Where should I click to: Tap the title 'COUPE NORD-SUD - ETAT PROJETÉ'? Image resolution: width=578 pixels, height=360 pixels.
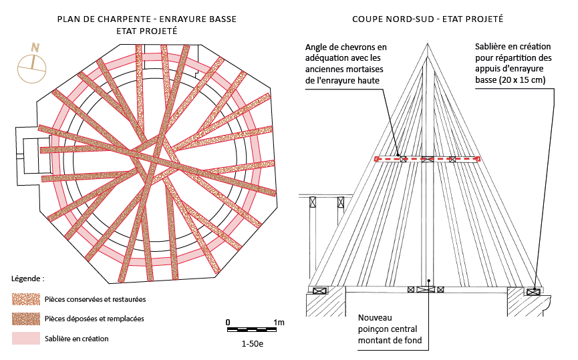(x=428, y=19)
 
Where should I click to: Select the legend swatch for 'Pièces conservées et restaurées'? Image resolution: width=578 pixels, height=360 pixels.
(x=25, y=299)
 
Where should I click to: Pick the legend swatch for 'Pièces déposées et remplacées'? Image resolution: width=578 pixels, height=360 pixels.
(x=25, y=319)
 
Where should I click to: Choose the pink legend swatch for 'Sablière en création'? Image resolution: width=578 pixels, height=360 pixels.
(x=25, y=339)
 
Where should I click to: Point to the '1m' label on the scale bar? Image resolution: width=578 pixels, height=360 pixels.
(x=279, y=323)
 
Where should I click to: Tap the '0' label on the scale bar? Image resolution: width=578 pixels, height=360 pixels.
(x=228, y=323)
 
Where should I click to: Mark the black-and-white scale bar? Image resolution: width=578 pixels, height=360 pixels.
(x=253, y=330)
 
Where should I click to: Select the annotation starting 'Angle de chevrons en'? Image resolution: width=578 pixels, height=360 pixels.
(x=345, y=63)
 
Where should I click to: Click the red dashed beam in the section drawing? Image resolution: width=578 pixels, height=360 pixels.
(x=428, y=159)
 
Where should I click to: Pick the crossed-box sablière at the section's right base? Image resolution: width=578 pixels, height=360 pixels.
(x=533, y=291)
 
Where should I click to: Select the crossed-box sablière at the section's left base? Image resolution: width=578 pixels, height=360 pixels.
(x=319, y=291)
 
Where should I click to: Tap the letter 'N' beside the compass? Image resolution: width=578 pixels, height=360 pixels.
(x=35, y=47)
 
